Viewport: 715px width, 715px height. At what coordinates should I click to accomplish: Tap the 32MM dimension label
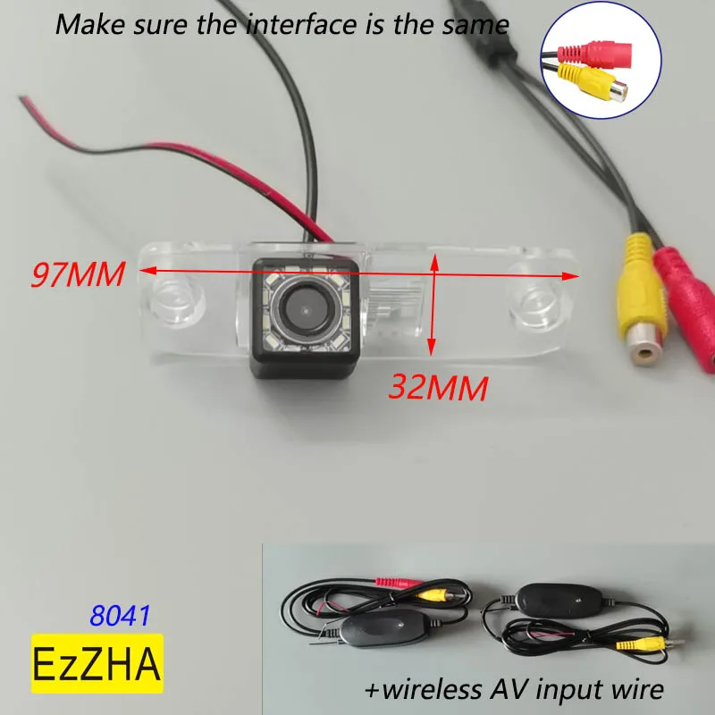(x=438, y=386)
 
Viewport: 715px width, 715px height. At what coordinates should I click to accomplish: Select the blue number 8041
(x=120, y=616)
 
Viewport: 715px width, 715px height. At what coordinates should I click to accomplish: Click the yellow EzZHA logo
(x=97, y=663)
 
